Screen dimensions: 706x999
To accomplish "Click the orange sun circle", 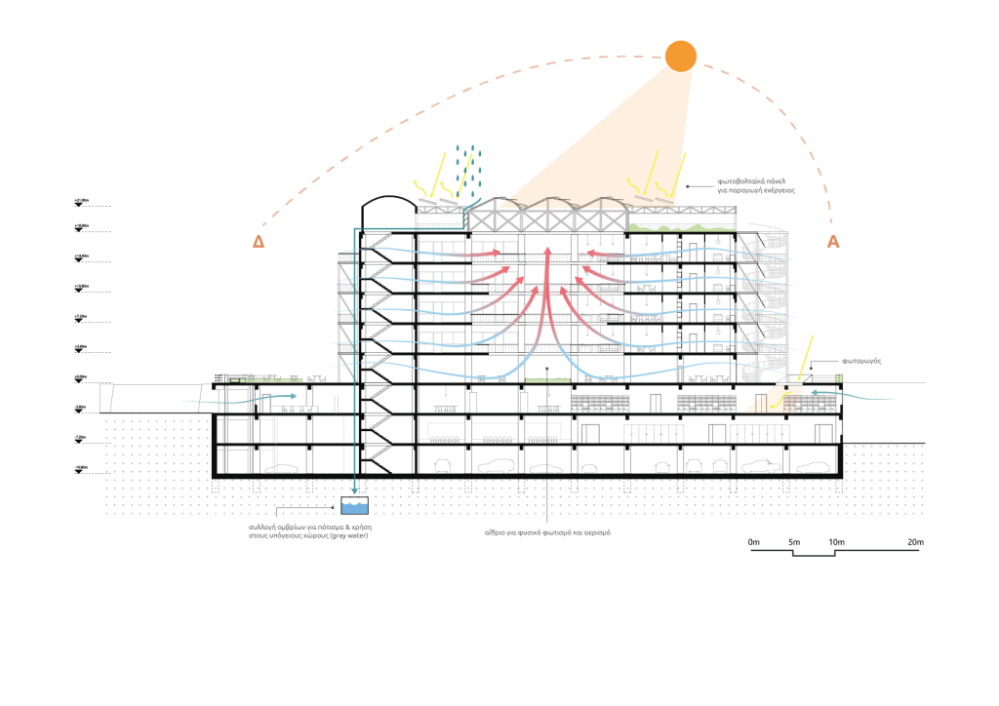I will point(680,56).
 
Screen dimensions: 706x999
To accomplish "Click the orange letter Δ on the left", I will point(259,242).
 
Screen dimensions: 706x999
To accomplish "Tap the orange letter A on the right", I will point(833,242).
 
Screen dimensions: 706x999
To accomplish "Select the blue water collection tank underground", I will point(354,506).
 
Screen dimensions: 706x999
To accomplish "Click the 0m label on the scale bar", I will point(753,541).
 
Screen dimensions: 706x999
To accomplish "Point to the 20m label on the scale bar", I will point(914,541).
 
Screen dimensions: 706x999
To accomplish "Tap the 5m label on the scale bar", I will point(794,541).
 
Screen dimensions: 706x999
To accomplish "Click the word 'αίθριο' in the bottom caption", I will point(496,532).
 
